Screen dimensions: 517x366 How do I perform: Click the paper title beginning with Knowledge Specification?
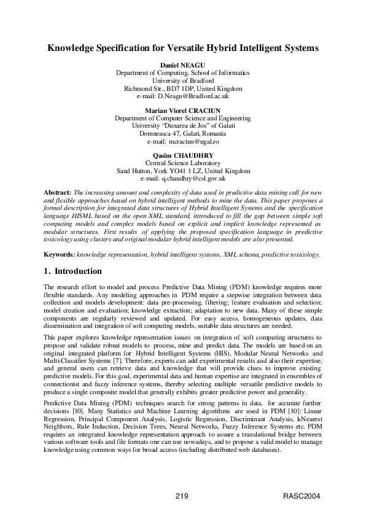[x=183, y=47]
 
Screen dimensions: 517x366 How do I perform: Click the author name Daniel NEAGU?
[x=183, y=64]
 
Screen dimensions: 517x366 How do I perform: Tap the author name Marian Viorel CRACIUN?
[x=183, y=110]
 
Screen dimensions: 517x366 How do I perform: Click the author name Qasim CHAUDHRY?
[x=183, y=155]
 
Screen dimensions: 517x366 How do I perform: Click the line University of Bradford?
[x=183, y=80]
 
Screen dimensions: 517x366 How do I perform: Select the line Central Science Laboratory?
[x=183, y=163]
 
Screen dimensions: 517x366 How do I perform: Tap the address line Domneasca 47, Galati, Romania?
[x=183, y=133]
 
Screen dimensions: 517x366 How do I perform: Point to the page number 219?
[x=181, y=496]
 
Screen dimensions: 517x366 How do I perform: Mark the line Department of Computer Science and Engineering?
[x=183, y=118]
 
